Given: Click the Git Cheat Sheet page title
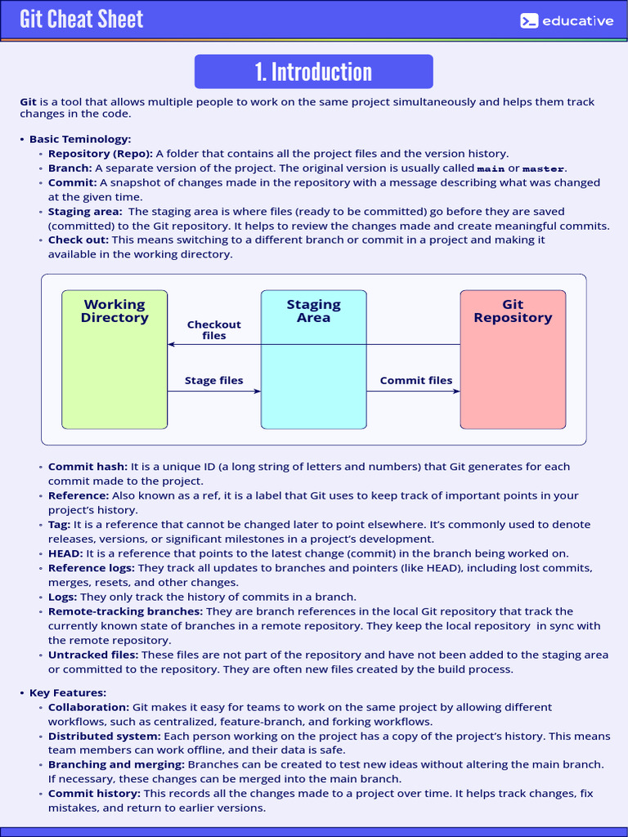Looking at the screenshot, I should click(82, 20).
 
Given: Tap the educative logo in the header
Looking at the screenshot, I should click(567, 20).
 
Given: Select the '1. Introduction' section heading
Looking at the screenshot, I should click(313, 72).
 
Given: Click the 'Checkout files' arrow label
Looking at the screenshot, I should click(214, 330).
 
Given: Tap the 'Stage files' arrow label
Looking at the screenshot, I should click(213, 380).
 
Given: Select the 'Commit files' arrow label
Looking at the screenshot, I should click(415, 380).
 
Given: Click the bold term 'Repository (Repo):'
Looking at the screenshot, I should click(100, 154).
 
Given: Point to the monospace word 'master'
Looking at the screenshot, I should click(543, 168).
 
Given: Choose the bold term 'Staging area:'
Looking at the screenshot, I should click(85, 212).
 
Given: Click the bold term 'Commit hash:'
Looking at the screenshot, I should click(87, 467).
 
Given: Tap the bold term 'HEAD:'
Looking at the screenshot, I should click(65, 553).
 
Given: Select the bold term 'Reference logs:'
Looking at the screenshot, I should click(92, 568).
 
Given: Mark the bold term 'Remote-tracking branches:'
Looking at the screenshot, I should click(125, 611).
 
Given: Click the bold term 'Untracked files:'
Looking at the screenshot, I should click(93, 655).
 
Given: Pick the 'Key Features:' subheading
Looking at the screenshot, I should click(68, 692).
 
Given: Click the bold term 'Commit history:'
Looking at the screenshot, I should click(94, 794).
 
